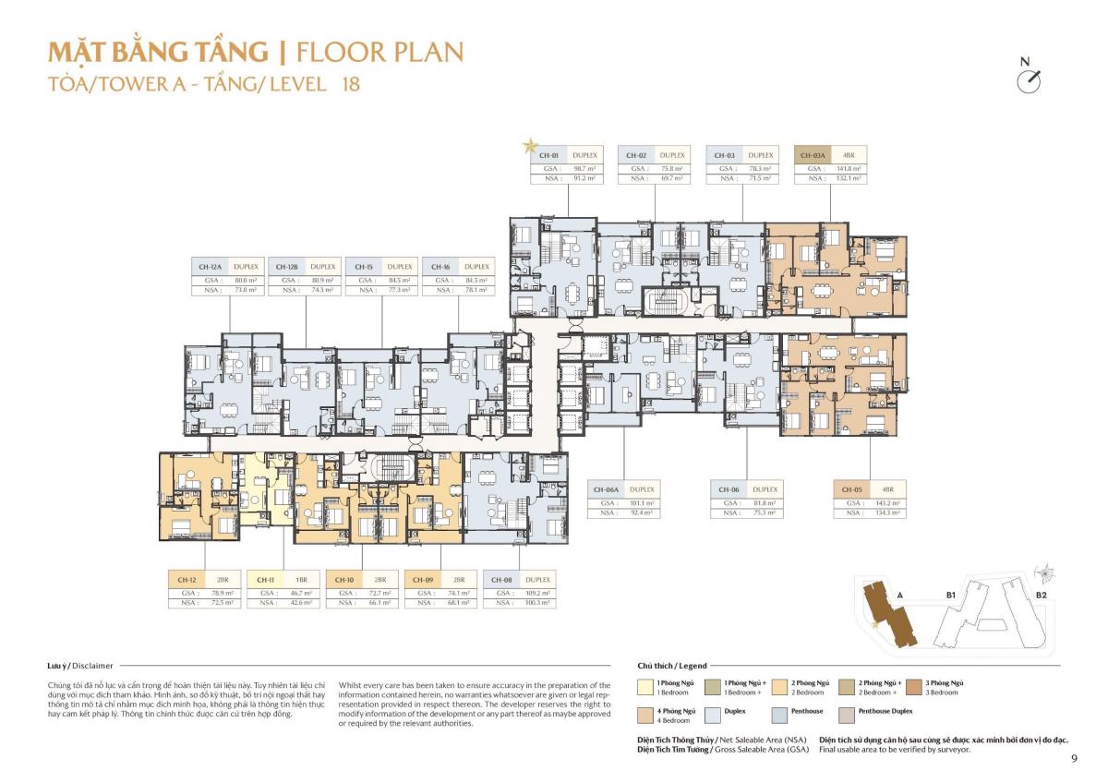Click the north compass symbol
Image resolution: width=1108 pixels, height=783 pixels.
pyautogui.click(x=1028, y=80)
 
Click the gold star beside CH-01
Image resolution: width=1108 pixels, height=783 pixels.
pyautogui.click(x=530, y=146)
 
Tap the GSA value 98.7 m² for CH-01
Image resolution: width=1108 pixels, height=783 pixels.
pyautogui.click(x=577, y=169)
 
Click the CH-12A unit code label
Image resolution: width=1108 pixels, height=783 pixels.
pyautogui.click(x=209, y=267)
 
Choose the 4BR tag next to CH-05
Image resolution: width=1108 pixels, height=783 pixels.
pyautogui.click(x=887, y=489)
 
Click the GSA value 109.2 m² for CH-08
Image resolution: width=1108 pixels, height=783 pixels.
pyautogui.click(x=537, y=593)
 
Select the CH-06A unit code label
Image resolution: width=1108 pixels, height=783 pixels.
pyautogui.click(x=606, y=489)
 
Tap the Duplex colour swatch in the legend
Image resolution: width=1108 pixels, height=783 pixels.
pyautogui.click(x=713, y=714)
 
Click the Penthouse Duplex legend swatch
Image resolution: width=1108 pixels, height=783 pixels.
pyautogui.click(x=846, y=714)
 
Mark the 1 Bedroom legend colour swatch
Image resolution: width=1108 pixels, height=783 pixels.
pyautogui.click(x=645, y=686)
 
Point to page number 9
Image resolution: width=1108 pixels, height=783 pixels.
pyautogui.click(x=1074, y=759)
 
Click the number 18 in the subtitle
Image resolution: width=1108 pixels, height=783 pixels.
pyautogui.click(x=350, y=84)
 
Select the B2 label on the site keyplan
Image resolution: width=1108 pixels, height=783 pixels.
pyautogui.click(x=1041, y=596)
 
